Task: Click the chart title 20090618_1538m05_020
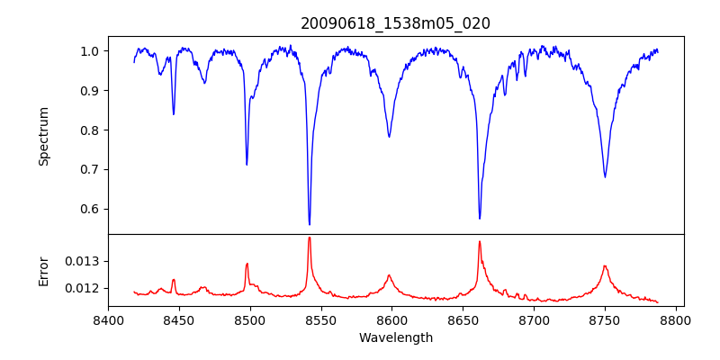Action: (x=395, y=23)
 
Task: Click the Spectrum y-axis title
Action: (x=43, y=136)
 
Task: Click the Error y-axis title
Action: (x=43, y=271)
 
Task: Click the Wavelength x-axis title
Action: (x=395, y=338)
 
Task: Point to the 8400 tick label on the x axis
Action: (x=108, y=320)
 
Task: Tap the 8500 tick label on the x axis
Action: (x=250, y=320)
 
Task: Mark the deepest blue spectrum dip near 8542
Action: (x=310, y=224)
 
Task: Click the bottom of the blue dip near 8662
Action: (x=480, y=218)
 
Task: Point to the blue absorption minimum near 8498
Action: (x=247, y=165)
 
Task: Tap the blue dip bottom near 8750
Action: (x=605, y=176)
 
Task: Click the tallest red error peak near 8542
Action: (x=310, y=238)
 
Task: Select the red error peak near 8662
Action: (x=480, y=241)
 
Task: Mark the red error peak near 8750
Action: (x=605, y=266)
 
